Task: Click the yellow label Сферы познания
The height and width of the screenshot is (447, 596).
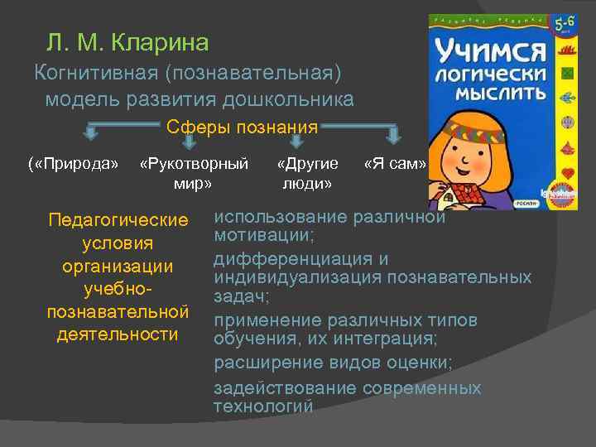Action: click(242, 127)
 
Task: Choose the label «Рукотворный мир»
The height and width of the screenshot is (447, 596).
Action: click(194, 173)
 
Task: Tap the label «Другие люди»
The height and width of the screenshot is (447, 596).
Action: click(307, 173)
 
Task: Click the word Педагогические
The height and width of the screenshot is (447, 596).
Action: click(118, 221)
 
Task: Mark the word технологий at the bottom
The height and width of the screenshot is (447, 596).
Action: click(263, 406)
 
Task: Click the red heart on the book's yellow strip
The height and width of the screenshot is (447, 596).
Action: click(567, 171)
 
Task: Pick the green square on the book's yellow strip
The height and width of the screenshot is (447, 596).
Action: click(567, 74)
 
